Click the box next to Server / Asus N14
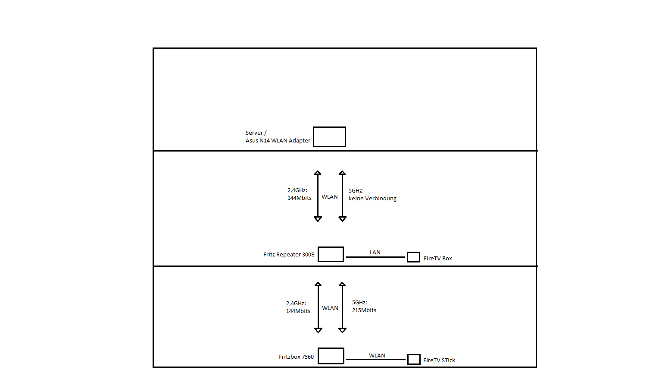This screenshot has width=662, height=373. [329, 137]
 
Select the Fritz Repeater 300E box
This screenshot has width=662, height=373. [331, 254]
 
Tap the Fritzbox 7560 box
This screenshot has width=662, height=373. [331, 356]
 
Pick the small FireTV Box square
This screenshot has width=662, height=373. [413, 257]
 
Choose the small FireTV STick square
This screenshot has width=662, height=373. [414, 359]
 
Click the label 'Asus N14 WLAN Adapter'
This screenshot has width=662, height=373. [278, 141]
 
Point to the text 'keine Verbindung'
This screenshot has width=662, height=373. [372, 199]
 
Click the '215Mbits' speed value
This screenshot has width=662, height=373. [364, 310]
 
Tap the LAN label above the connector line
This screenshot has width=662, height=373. [375, 253]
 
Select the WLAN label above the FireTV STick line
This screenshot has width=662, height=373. [377, 356]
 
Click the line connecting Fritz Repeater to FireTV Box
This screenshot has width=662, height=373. [375, 257]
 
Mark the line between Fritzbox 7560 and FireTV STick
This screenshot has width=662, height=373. [376, 359]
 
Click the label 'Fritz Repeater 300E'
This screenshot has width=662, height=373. [289, 255]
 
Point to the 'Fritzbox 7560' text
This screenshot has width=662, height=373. [296, 357]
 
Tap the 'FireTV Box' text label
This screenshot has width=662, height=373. [438, 259]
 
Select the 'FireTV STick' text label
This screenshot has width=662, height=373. [439, 360]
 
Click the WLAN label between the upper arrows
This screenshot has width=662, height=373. [330, 197]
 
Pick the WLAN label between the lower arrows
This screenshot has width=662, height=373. [330, 308]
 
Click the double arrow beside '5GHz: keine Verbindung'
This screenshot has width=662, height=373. [342, 196]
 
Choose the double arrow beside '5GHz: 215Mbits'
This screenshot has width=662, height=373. [342, 307]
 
